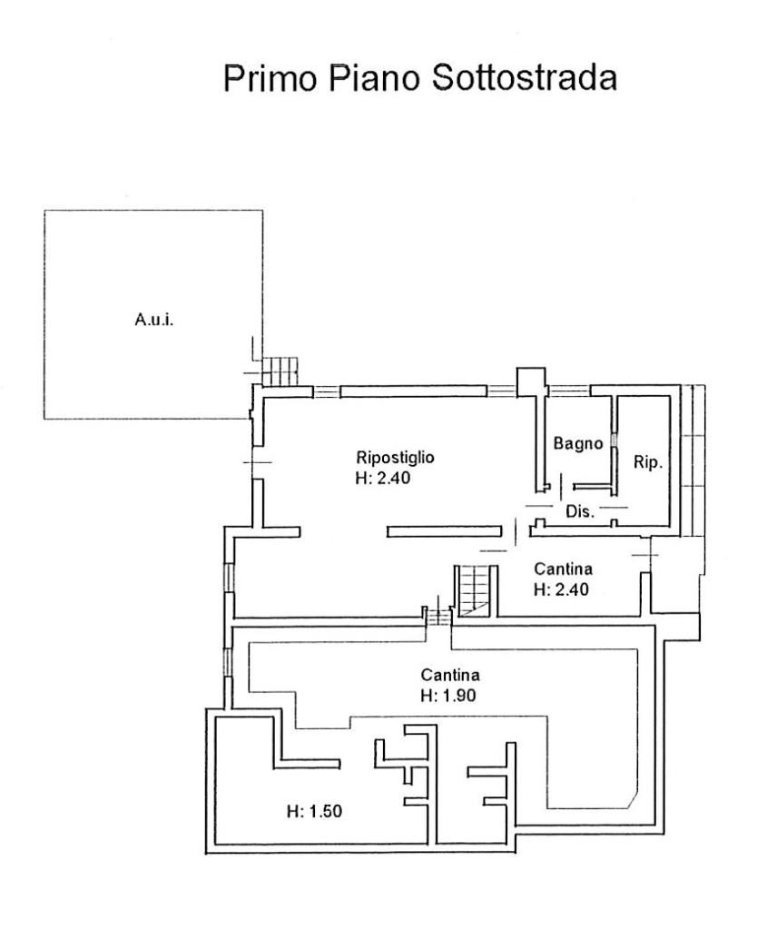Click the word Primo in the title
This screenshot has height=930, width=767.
270,78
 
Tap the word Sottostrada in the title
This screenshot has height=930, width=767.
525,78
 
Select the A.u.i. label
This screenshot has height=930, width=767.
154,320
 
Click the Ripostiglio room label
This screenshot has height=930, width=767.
396,458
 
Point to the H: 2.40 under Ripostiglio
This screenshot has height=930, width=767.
383,478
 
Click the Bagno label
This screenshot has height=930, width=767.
578,443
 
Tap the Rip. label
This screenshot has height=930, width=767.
647,462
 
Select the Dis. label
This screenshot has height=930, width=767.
580,511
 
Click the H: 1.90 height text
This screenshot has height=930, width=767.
448,695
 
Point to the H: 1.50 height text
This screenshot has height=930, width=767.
314,811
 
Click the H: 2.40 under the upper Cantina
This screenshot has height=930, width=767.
561,589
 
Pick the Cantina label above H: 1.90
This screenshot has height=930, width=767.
450,675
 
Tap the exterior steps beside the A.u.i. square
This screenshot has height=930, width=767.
280,371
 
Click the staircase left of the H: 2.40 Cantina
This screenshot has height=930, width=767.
476,590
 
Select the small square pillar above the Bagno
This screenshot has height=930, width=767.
530,382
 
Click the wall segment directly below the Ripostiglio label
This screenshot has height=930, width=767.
445,531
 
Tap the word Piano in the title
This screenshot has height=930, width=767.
375,78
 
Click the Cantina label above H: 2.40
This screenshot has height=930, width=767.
563,569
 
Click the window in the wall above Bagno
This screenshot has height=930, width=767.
569,391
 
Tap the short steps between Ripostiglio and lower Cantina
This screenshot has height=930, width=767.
439,617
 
